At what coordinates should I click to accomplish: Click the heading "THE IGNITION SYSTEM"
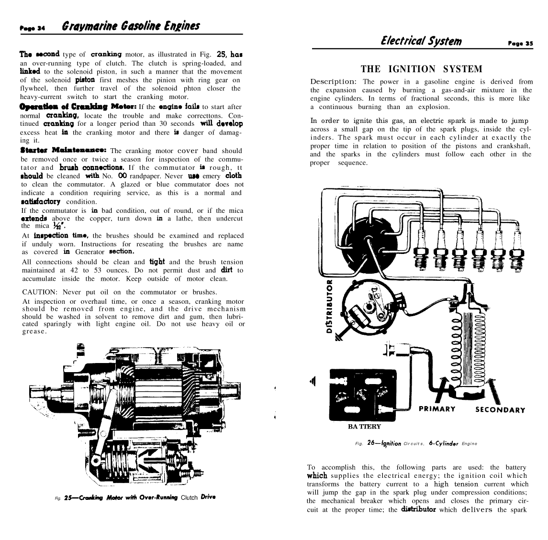point(421,69)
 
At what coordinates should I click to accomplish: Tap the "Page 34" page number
point(32,28)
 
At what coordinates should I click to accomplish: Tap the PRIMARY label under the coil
point(436,409)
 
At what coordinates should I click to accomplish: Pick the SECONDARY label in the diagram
point(500,410)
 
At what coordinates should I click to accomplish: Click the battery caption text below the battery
point(364,426)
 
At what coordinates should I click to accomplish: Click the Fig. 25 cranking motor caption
point(135,497)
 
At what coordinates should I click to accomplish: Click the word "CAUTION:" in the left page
point(39,292)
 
